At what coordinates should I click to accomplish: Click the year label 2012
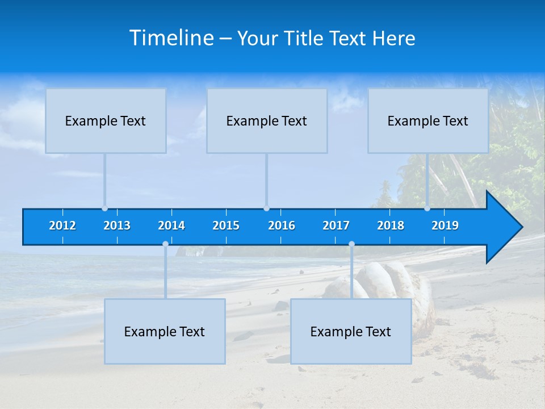click(x=62, y=226)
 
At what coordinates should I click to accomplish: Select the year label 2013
click(x=117, y=226)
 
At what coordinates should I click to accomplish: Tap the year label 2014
click(x=171, y=226)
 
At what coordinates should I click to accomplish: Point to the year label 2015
click(x=226, y=226)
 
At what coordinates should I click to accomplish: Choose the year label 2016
click(x=282, y=226)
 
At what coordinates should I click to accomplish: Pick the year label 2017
click(x=336, y=226)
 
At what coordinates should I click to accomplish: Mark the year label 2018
click(x=391, y=226)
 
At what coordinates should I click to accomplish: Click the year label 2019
click(x=445, y=226)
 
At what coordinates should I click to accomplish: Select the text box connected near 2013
click(x=106, y=120)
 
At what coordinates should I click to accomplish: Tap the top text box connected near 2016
click(x=267, y=120)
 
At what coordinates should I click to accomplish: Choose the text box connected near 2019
click(x=428, y=120)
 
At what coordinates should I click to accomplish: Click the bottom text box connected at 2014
click(x=165, y=331)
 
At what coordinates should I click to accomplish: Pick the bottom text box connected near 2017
click(x=351, y=331)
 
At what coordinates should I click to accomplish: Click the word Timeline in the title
click(x=170, y=38)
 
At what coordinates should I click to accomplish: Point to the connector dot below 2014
click(x=165, y=244)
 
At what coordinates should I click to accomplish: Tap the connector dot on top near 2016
click(x=266, y=208)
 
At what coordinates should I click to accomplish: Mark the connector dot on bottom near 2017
click(x=351, y=244)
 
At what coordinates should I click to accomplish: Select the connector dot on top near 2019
click(x=427, y=208)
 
